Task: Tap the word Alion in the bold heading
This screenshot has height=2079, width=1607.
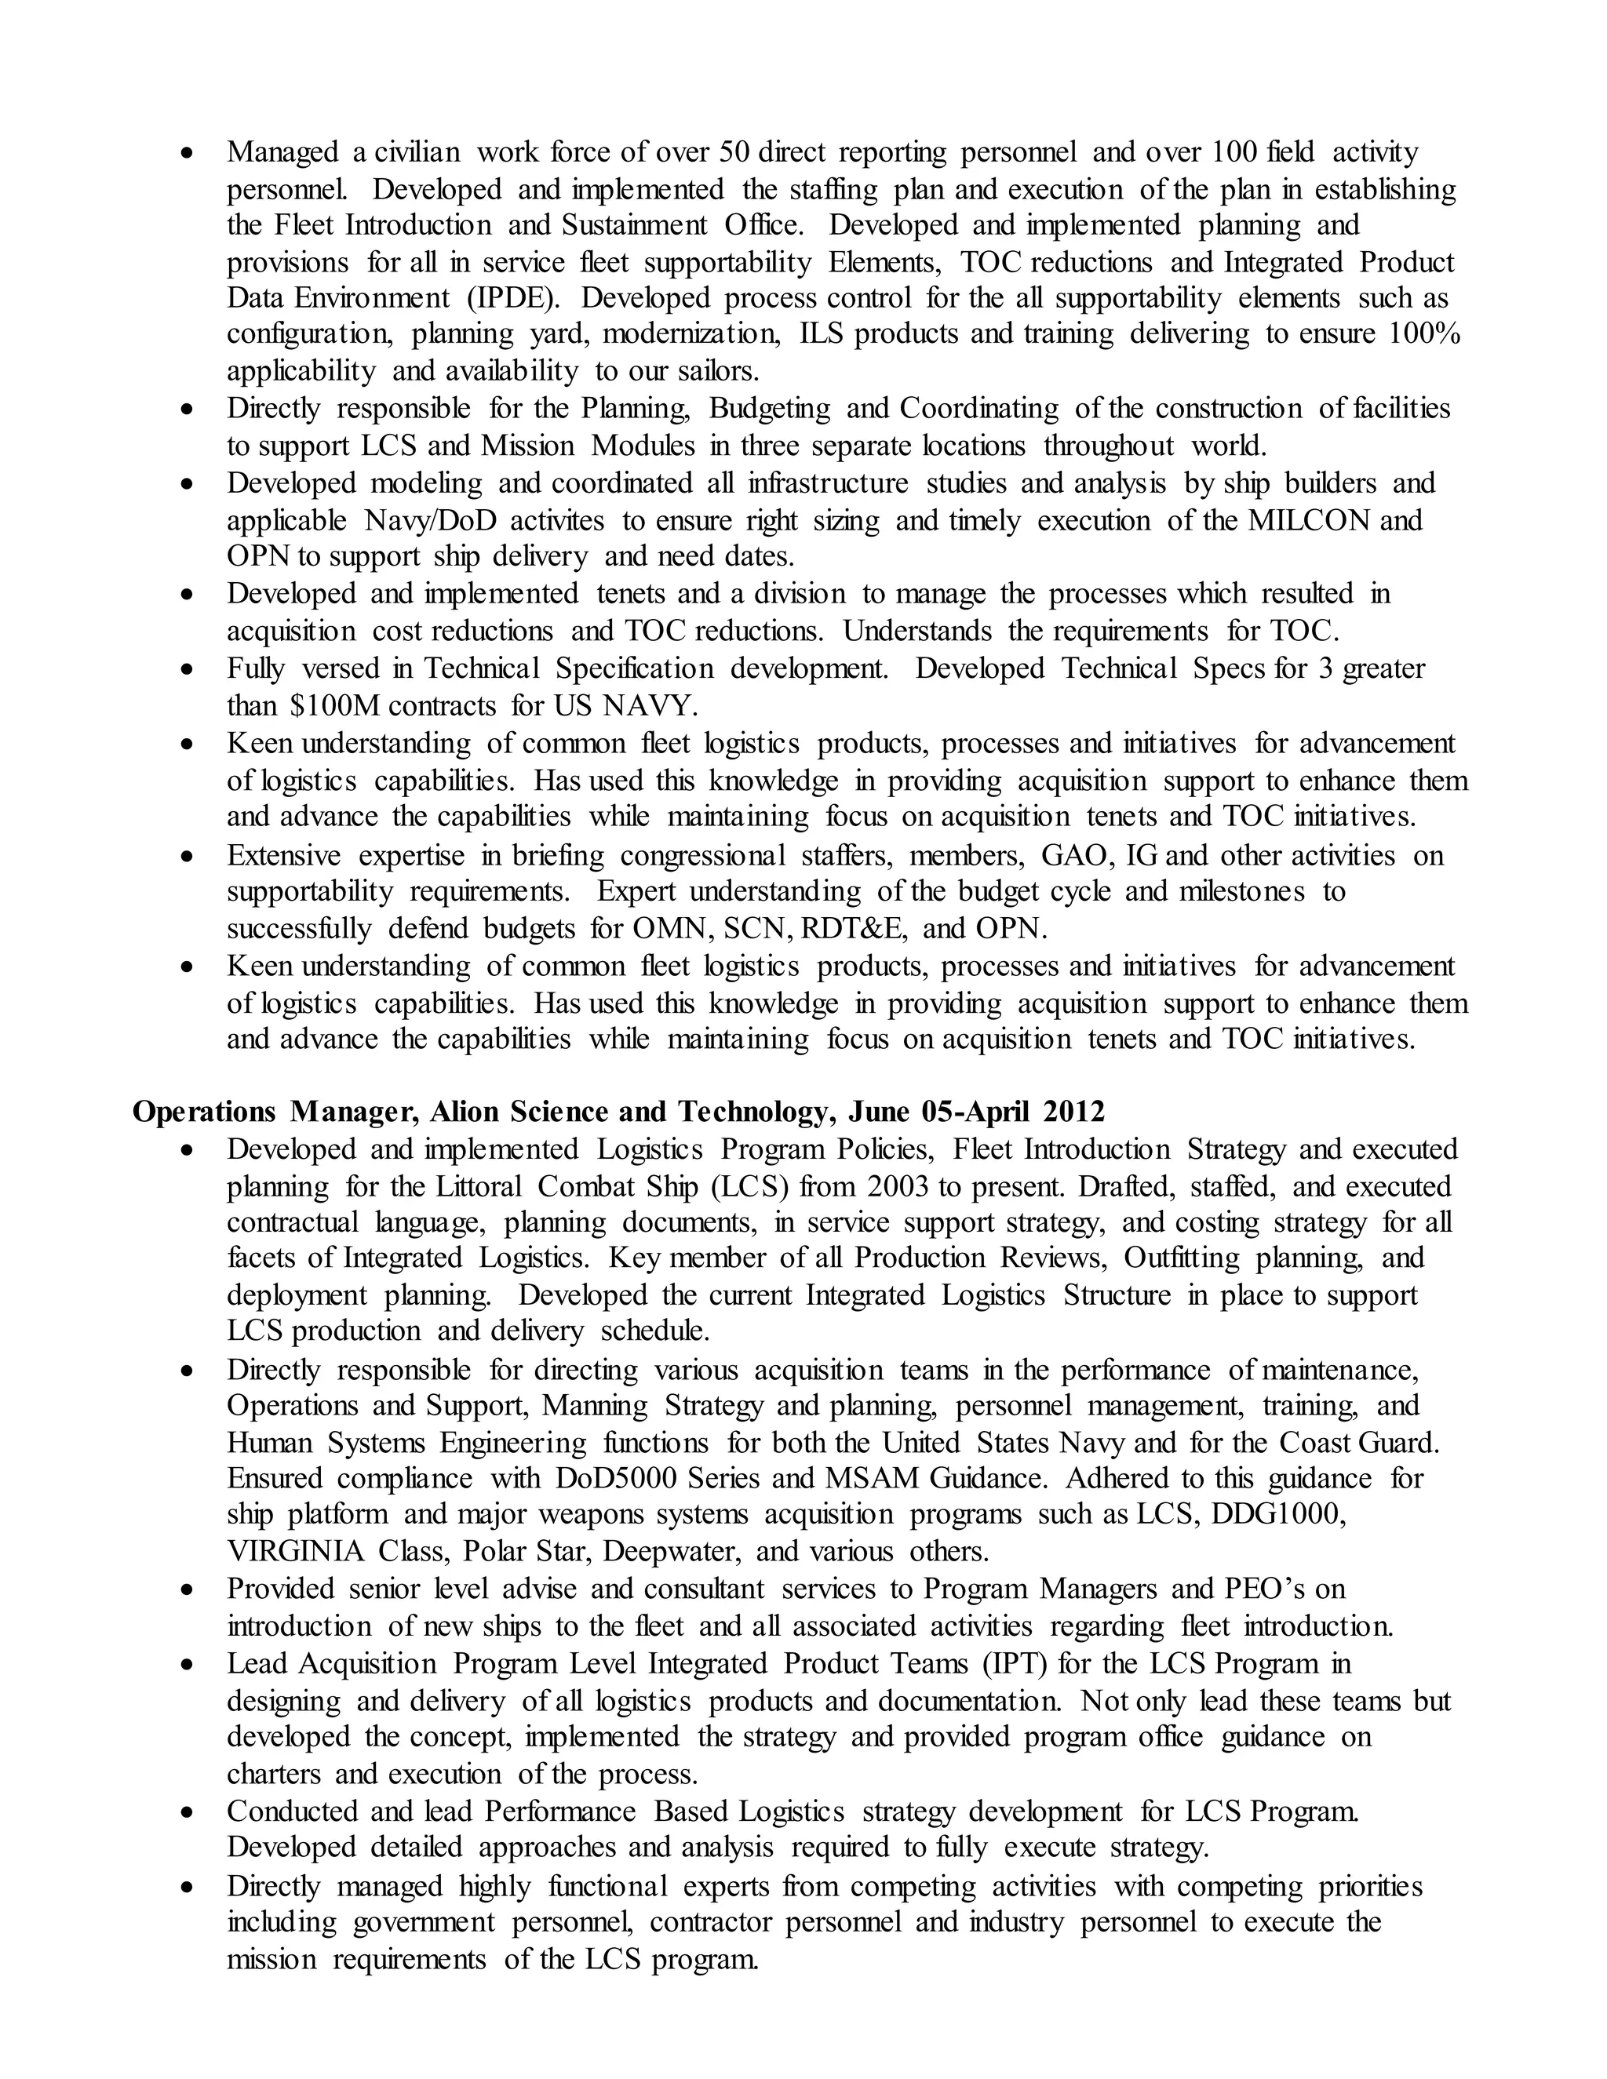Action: pos(465,1112)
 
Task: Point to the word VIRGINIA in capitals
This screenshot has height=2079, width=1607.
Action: pos(295,1552)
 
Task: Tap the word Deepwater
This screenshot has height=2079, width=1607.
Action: pos(671,1552)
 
